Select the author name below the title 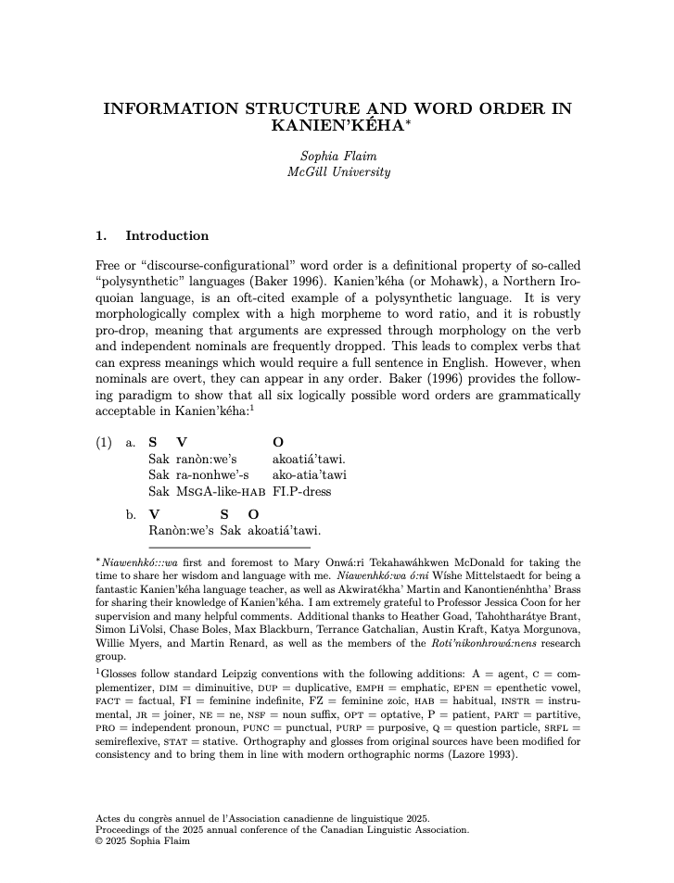[337, 156]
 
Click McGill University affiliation [337, 171]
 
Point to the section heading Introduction [167, 235]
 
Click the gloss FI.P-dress [301, 491]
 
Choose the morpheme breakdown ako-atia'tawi [310, 474]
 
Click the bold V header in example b [154, 514]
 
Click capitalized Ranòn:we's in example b [181, 531]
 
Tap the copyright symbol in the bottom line [99, 841]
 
